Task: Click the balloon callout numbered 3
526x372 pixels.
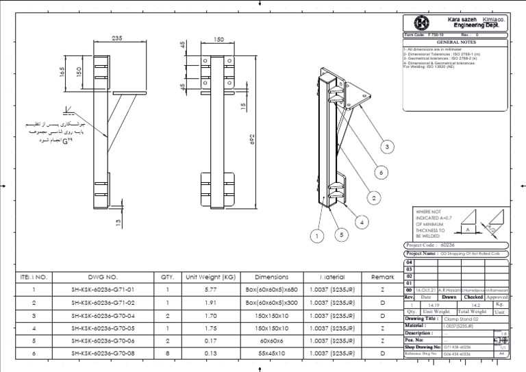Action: click(x=387, y=147)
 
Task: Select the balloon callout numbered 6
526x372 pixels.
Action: click(x=381, y=172)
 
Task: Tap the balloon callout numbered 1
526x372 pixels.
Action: click(x=316, y=236)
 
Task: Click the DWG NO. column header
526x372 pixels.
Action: click(x=103, y=277)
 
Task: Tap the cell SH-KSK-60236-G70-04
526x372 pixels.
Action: click(x=103, y=317)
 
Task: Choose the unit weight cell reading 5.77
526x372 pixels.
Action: click(x=210, y=290)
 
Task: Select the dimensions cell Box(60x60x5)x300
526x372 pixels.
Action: click(x=272, y=303)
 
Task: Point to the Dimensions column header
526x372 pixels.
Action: click(x=272, y=277)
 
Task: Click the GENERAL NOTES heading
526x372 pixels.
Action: click(x=456, y=42)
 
